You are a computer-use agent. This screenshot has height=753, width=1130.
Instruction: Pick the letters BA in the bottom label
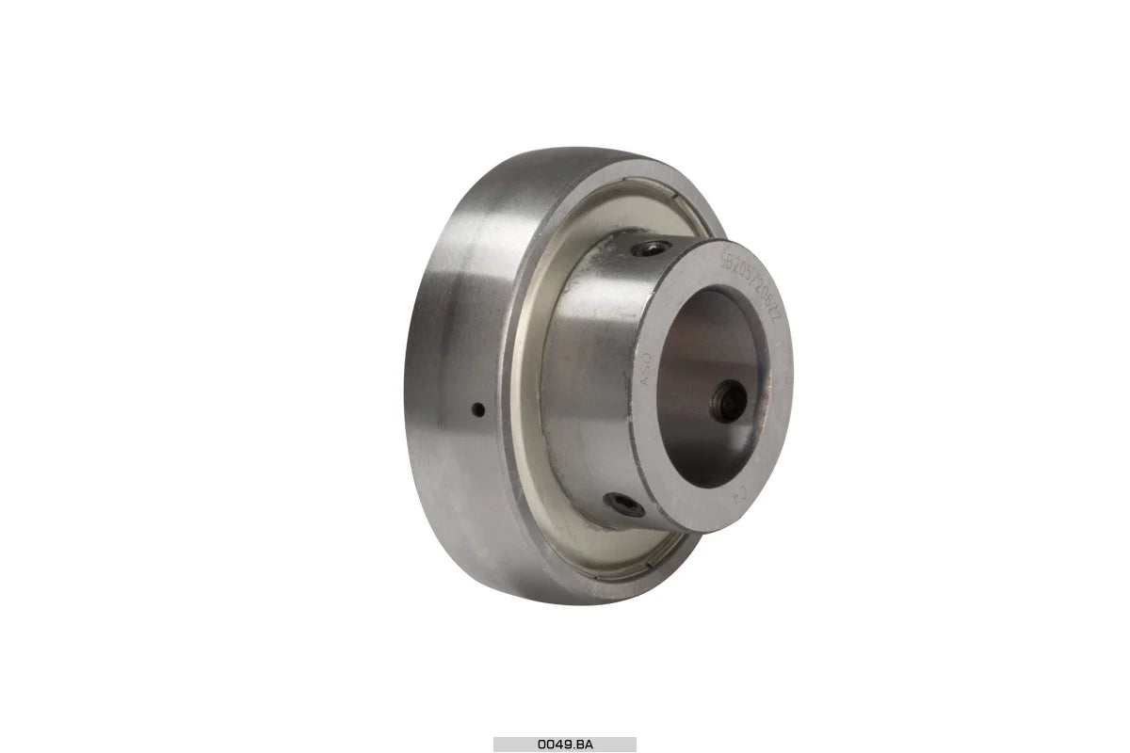tap(582, 744)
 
